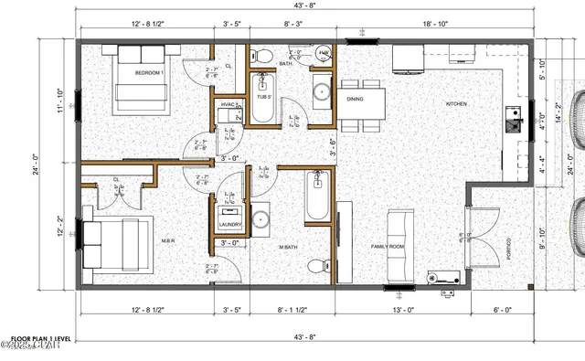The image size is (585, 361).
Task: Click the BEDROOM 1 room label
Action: click(x=148, y=72)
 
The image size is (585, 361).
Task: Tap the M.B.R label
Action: click(x=143, y=241)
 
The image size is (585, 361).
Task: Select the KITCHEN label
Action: click(x=456, y=104)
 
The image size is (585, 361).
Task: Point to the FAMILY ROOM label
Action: click(x=388, y=247)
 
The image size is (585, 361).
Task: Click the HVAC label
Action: click(x=229, y=106)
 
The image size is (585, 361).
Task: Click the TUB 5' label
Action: click(x=263, y=96)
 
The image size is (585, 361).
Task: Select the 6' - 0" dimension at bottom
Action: click(x=501, y=310)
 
